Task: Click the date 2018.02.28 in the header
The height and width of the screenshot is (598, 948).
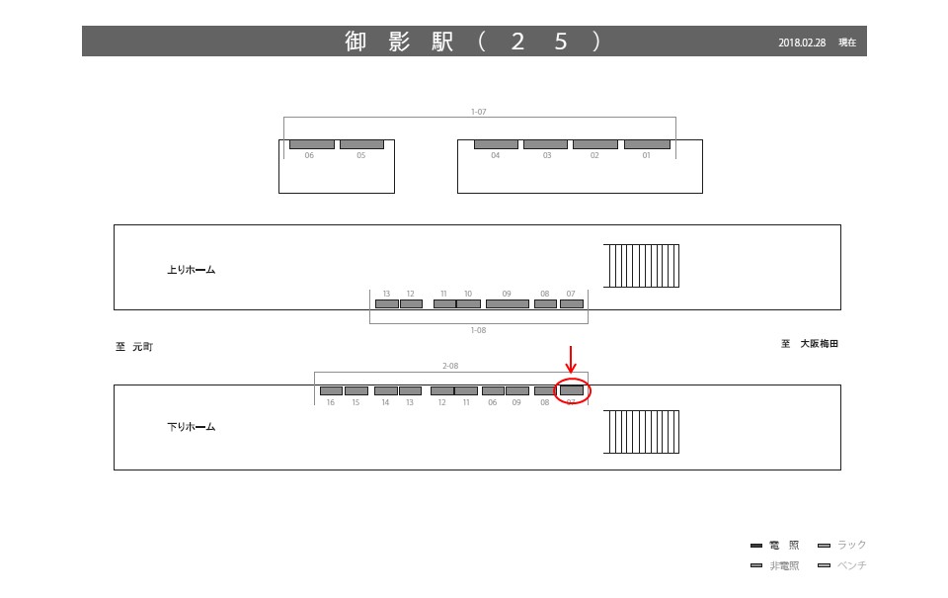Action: [801, 43]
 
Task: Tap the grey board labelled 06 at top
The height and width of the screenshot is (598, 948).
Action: [311, 144]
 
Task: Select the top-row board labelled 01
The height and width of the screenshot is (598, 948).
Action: [647, 144]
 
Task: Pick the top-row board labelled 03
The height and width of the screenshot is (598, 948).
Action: [545, 144]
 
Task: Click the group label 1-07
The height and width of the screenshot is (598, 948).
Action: [479, 112]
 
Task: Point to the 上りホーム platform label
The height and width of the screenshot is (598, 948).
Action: [191, 269]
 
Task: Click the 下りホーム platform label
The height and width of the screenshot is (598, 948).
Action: [191, 427]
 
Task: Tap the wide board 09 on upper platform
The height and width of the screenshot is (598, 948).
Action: [508, 303]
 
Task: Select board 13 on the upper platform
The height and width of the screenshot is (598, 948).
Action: [386, 303]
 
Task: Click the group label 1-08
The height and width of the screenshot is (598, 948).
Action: [479, 330]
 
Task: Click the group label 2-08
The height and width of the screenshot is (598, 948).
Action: [450, 366]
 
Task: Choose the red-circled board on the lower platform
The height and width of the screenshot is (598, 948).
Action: [572, 390]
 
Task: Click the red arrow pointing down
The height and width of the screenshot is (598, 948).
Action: [571, 360]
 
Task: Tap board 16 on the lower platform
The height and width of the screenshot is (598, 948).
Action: [331, 390]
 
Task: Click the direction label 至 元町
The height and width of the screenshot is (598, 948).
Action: [134, 347]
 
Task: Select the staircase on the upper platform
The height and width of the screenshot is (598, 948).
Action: [641, 266]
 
